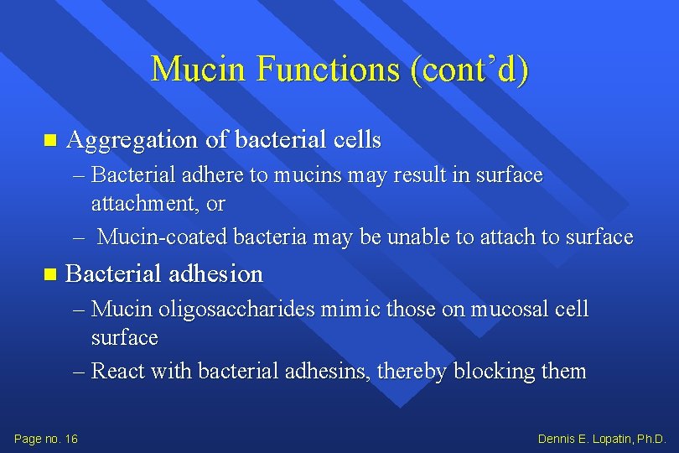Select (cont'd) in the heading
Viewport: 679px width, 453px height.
click(469, 69)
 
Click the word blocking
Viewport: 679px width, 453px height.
click(498, 371)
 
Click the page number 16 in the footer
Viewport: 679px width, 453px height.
click(70, 439)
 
